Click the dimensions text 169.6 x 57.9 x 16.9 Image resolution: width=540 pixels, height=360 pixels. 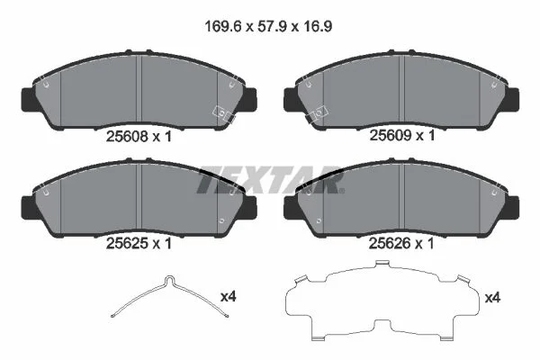tap(268, 26)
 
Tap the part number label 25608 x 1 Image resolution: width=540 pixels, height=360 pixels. tap(139, 137)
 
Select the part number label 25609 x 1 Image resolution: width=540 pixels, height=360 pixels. tap(402, 135)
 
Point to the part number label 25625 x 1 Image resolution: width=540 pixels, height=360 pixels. tap(139, 244)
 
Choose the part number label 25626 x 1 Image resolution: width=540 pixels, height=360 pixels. tap(401, 244)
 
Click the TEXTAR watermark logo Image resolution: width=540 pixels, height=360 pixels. tap(270, 180)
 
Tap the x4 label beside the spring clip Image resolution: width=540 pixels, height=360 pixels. tap(229, 296)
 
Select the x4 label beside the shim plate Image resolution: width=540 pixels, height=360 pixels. tap(492, 298)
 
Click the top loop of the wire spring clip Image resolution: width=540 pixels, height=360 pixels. tap(170, 279)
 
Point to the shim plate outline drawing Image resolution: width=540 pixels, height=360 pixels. tap(382, 300)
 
